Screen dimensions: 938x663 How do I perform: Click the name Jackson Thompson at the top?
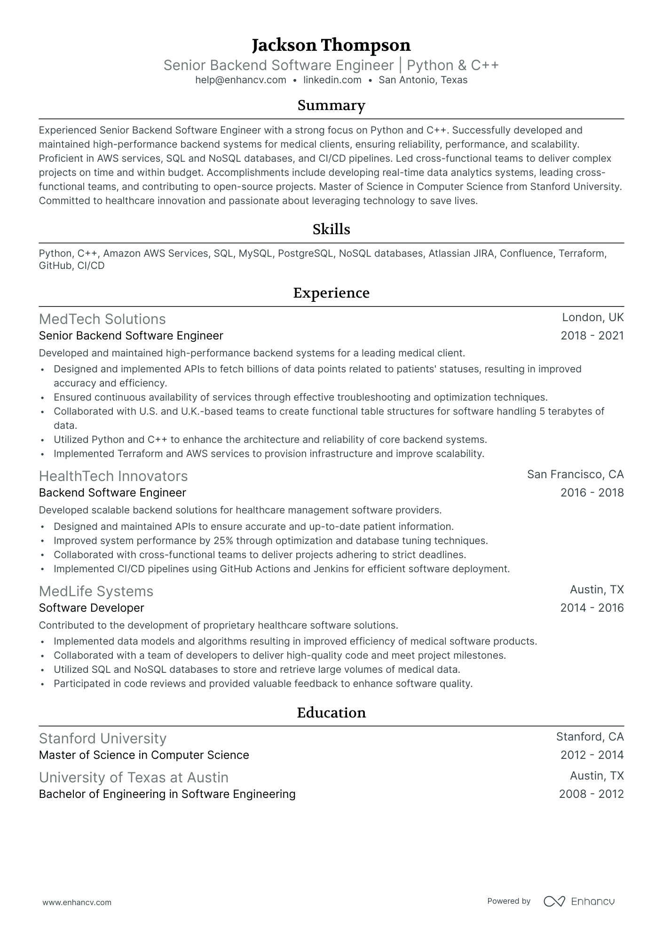331,45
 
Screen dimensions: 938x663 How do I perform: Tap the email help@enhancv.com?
241,80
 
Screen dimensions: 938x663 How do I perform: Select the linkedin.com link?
332,80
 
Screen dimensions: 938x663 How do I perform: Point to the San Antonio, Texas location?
423,80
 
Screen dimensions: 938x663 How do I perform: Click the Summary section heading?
331,105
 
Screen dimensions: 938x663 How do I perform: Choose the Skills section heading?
331,229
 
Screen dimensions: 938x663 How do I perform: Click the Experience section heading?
331,293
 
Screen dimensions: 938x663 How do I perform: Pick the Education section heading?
331,713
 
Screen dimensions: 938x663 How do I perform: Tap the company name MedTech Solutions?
102,319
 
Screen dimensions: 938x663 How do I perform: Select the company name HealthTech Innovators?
113,476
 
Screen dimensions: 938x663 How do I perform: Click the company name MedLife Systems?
96,591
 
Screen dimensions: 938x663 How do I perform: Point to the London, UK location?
592,317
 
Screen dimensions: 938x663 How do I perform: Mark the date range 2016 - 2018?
592,493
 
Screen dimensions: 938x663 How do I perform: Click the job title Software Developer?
91,608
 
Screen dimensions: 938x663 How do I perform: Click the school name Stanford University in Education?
103,739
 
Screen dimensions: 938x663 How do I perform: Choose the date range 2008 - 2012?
591,794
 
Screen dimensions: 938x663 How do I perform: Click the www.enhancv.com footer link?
77,902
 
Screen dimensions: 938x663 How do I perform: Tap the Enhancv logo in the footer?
579,901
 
